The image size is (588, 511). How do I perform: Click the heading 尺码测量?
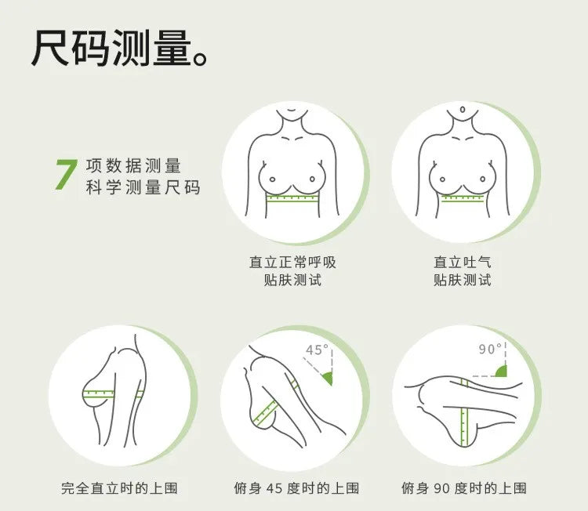pos(111,49)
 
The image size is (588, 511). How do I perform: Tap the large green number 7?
pos(66,174)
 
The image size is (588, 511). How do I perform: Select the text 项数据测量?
pos(133,165)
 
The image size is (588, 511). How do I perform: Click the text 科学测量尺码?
pos(143,187)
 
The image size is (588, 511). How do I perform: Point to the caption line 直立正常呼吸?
pos(292,262)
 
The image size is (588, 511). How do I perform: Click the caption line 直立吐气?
pos(462,262)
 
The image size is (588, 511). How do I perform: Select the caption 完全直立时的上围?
pos(119,488)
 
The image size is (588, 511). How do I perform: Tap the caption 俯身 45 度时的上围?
pos(296,488)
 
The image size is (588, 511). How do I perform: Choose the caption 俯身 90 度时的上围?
pos(464,488)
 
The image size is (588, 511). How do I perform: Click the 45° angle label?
pos(317,350)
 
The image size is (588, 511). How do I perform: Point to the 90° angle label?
pos(490,349)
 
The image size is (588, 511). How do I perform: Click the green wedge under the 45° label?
pos(328,378)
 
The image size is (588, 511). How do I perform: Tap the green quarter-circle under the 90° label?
pos(502,371)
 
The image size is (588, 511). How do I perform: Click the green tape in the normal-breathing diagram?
pos(292,198)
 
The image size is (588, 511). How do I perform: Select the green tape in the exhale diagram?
pos(463,198)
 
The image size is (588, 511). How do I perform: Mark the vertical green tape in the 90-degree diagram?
pos(464,412)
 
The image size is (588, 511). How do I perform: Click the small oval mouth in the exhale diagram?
pos(463,110)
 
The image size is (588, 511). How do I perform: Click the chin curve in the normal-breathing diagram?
pos(292,111)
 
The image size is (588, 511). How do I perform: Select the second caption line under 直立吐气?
pos(462,280)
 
